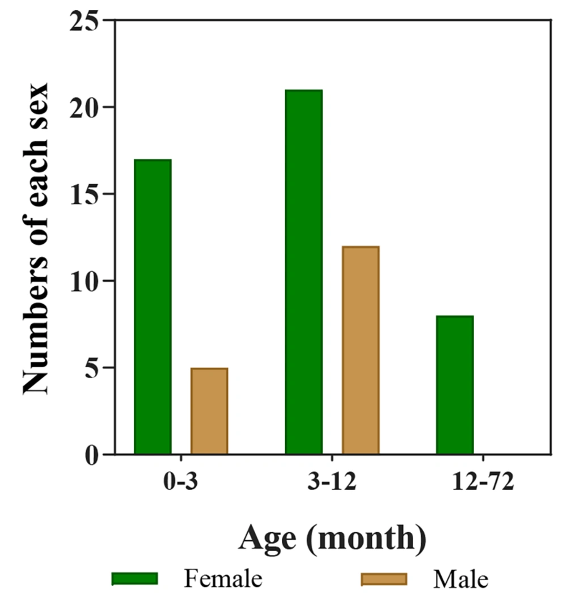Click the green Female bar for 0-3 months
coord(153,307)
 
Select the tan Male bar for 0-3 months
coord(209,411)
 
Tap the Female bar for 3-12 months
coord(303,272)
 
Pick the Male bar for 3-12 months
coord(360,350)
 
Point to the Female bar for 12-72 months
coord(455,385)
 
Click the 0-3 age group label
coord(180,484)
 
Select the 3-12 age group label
coord(332,484)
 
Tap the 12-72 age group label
coord(483,484)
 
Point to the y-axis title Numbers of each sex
coord(37,238)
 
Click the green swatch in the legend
coord(134,578)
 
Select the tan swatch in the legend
coord(384,578)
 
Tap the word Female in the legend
coord(223,579)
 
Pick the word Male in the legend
coord(460,579)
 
